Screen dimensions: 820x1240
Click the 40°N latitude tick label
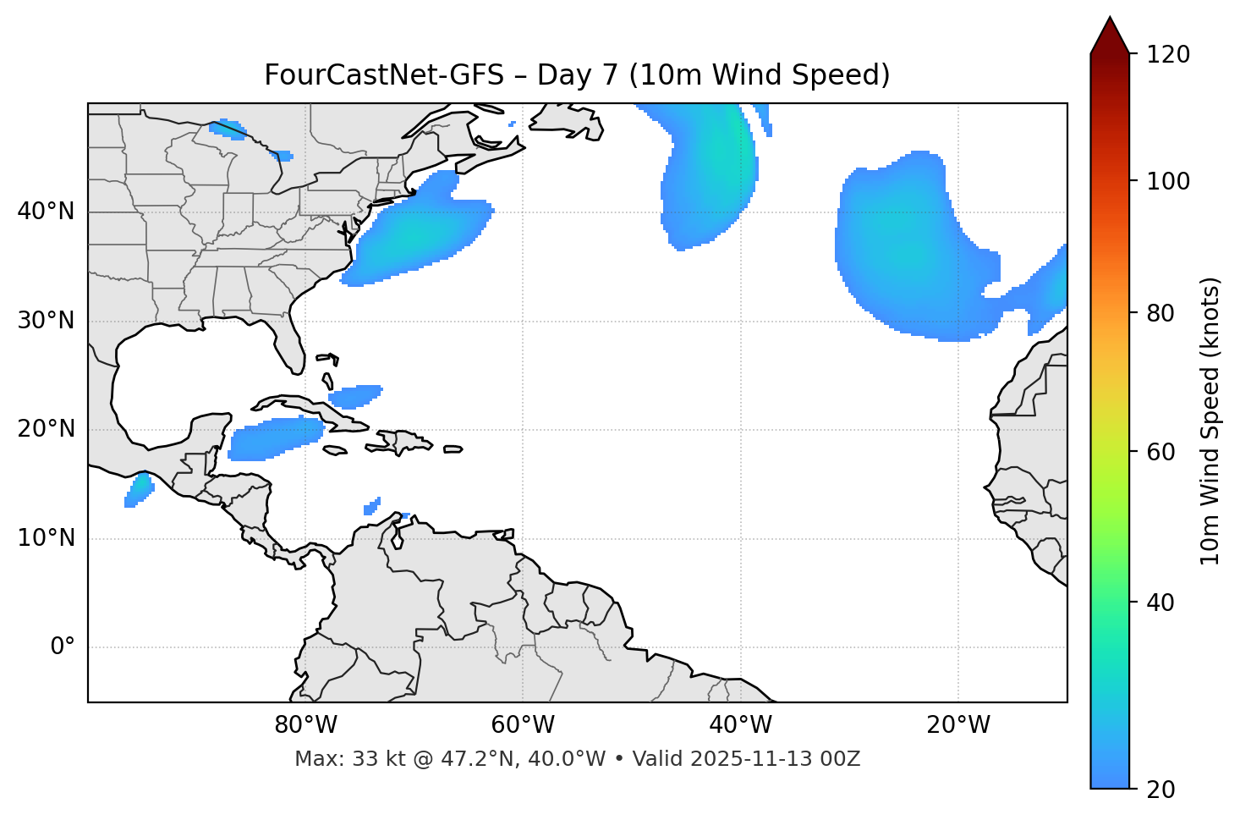[46, 212]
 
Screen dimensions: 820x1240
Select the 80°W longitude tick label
[305, 725]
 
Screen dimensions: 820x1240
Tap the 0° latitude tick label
[63, 647]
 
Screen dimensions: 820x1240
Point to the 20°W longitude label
[958, 725]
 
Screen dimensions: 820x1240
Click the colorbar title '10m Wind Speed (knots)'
[1210, 421]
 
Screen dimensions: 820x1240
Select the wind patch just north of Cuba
[355, 395]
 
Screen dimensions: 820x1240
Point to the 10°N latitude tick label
[46, 539]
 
